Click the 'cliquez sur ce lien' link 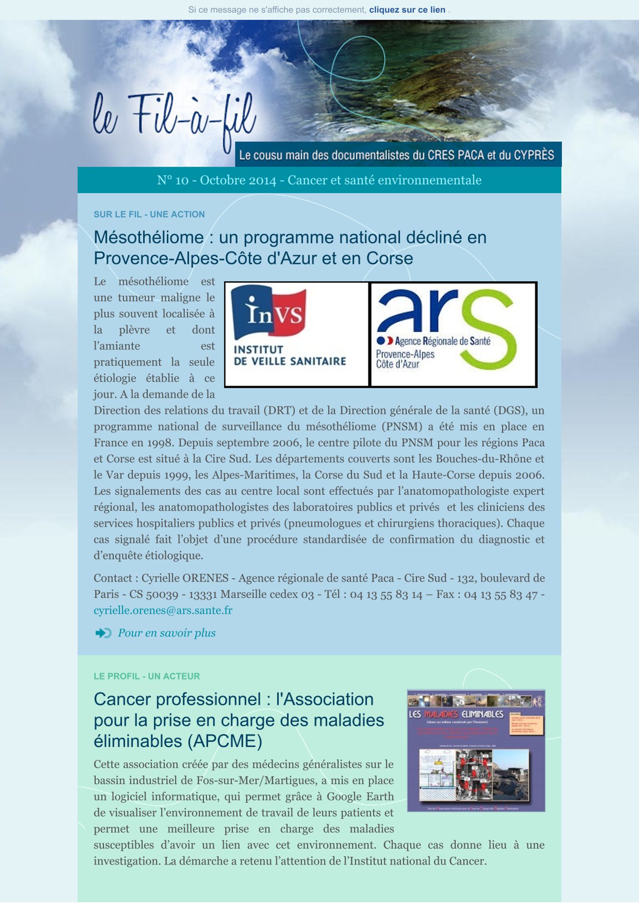407,10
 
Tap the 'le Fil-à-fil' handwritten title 174,116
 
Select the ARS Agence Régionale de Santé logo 453,334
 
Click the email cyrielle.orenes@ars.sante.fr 163,610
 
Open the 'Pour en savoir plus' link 167,633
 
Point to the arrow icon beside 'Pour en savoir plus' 103,633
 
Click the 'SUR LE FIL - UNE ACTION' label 149,214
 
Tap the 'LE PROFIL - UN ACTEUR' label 147,676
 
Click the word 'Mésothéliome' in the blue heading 149,237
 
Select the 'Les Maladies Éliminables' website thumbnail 476,750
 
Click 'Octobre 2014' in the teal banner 238,181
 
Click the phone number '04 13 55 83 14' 386,595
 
